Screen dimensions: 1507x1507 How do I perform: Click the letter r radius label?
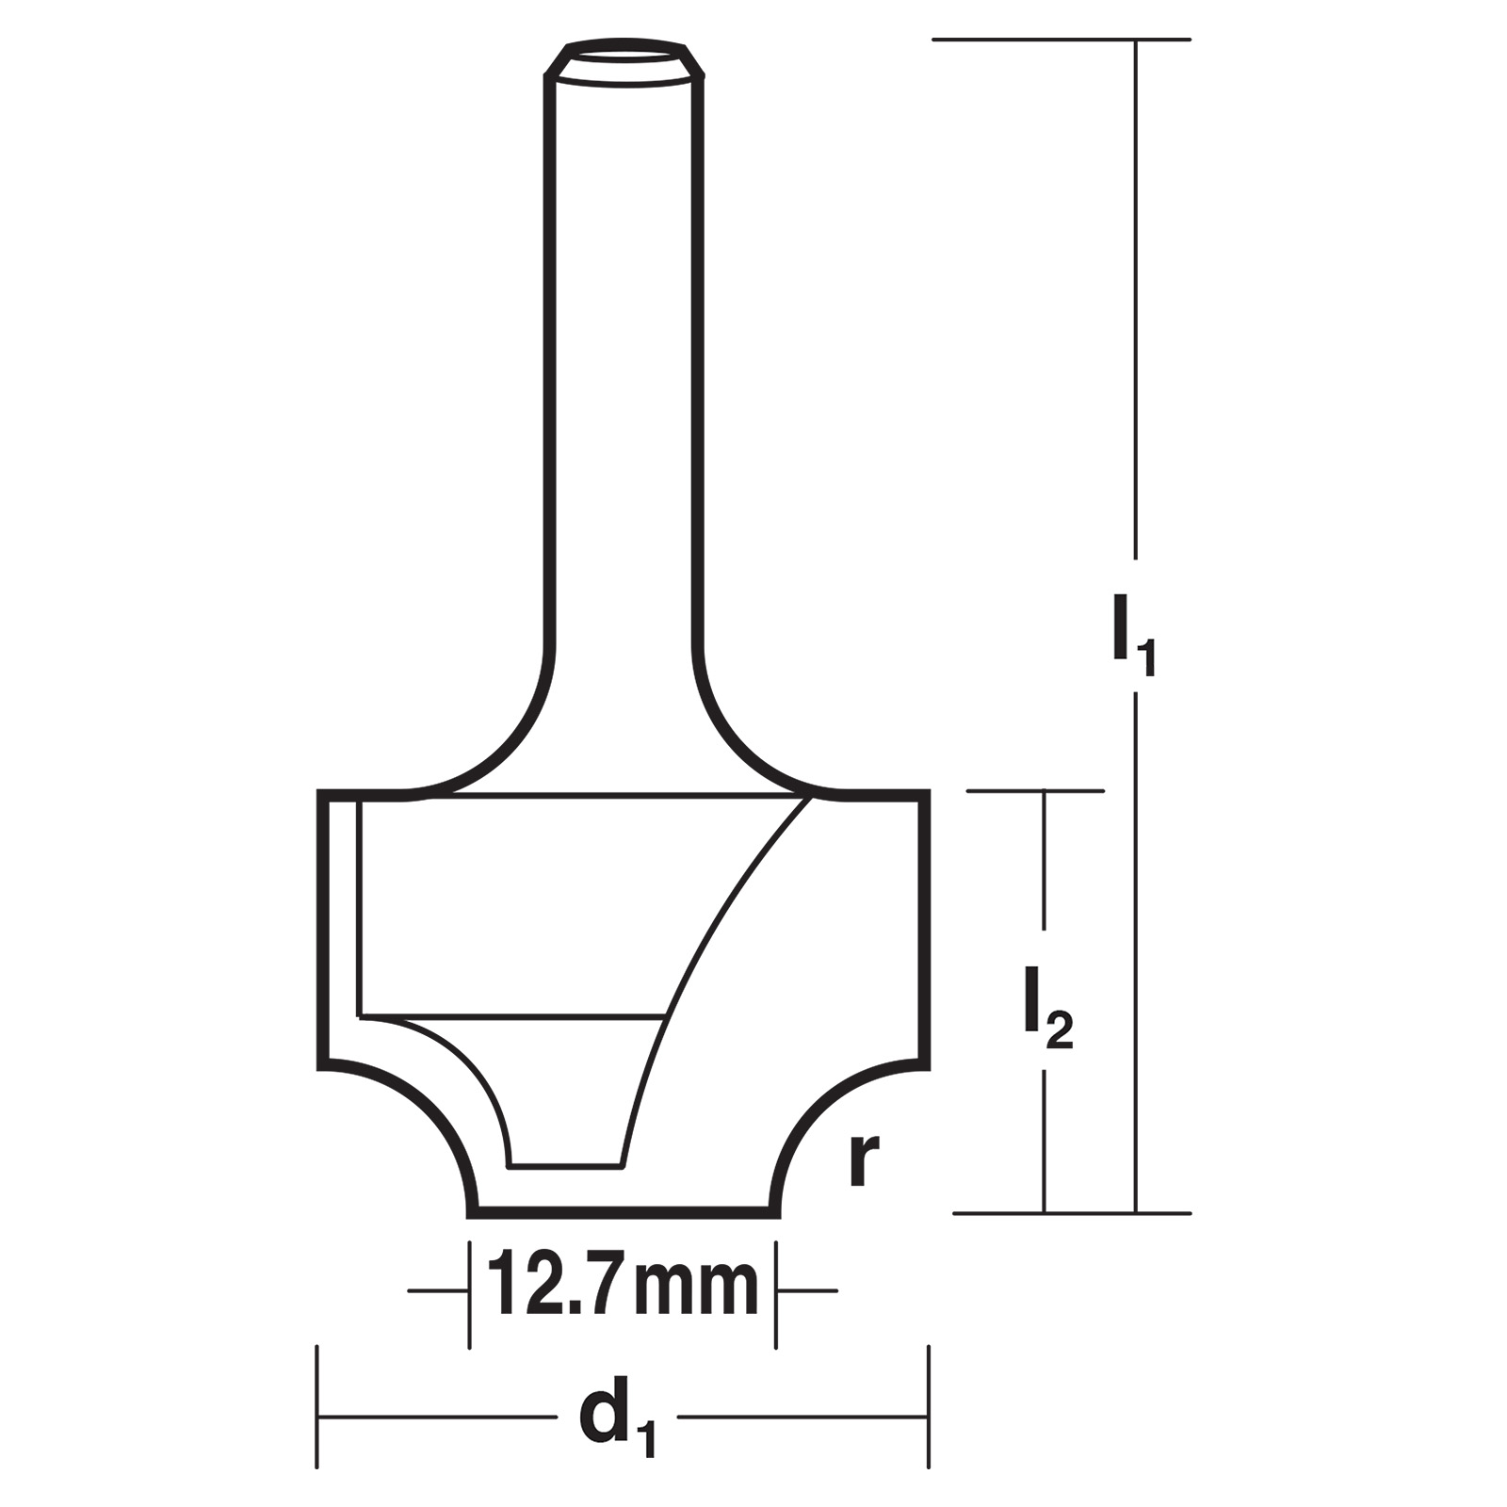point(864,1159)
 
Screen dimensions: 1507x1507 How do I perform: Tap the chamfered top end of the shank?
point(624,59)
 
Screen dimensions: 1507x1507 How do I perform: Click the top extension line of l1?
point(1061,40)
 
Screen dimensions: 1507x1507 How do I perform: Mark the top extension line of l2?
point(1035,791)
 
